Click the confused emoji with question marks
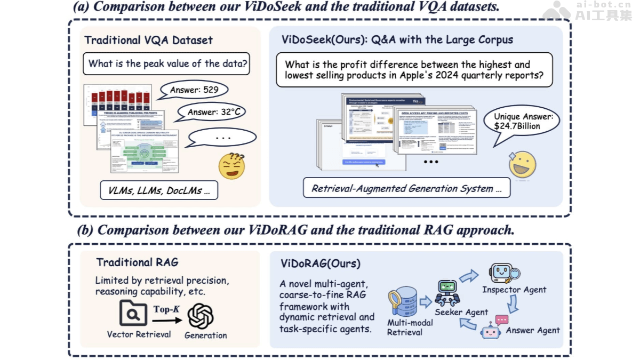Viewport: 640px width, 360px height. click(x=231, y=165)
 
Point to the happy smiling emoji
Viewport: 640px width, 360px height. click(x=522, y=164)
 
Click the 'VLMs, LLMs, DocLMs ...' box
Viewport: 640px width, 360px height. click(x=159, y=190)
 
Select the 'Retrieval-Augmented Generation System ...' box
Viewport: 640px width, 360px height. click(x=406, y=188)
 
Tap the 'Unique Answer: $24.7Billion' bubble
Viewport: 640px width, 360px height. click(x=521, y=122)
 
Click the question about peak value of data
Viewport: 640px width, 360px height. click(x=167, y=64)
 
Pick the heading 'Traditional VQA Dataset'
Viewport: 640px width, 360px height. click(x=148, y=40)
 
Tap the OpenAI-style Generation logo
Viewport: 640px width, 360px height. click(x=201, y=316)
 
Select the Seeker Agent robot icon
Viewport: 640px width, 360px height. click(x=447, y=293)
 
